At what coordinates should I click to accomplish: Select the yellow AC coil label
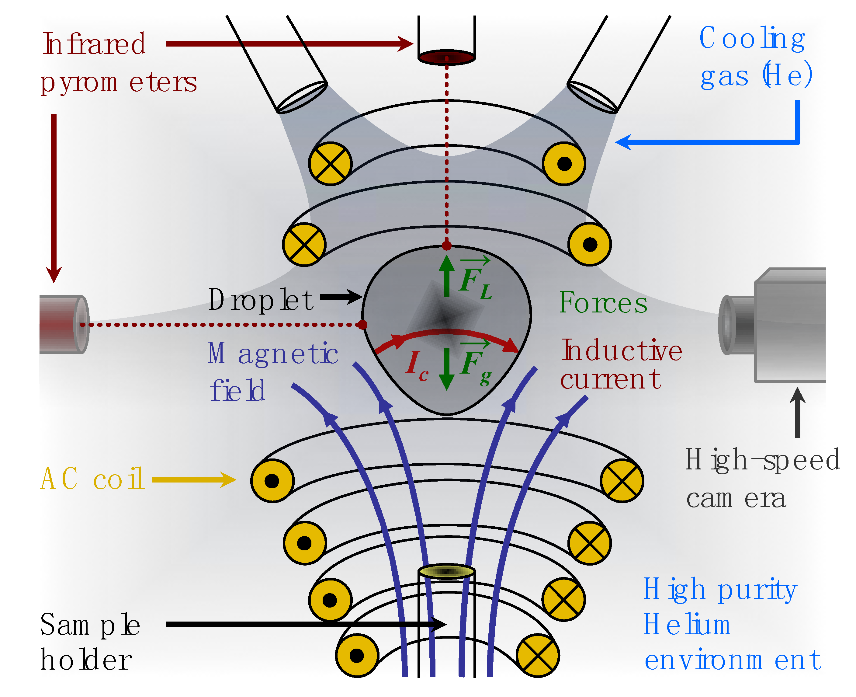(x=92, y=479)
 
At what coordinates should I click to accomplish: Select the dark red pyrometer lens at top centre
(x=446, y=57)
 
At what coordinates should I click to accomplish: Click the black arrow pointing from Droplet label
(x=341, y=297)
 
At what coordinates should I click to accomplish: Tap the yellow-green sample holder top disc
(x=446, y=571)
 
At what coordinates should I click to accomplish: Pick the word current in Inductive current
(x=610, y=379)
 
